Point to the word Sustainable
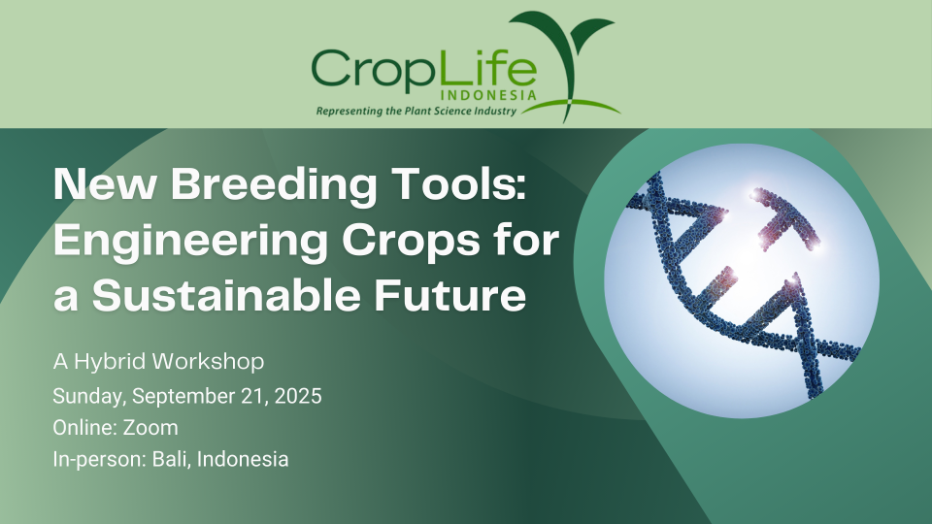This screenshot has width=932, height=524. [x=226, y=295]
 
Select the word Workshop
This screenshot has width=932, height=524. [x=208, y=361]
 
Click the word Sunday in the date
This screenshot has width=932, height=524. [x=89, y=396]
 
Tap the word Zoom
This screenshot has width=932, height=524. [x=150, y=428]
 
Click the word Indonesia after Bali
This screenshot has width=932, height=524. [x=243, y=459]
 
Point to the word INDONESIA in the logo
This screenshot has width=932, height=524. [x=489, y=95]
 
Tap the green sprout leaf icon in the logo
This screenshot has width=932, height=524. [x=562, y=42]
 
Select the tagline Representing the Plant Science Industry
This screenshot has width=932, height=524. [x=416, y=111]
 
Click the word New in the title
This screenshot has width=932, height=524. [x=105, y=184]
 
